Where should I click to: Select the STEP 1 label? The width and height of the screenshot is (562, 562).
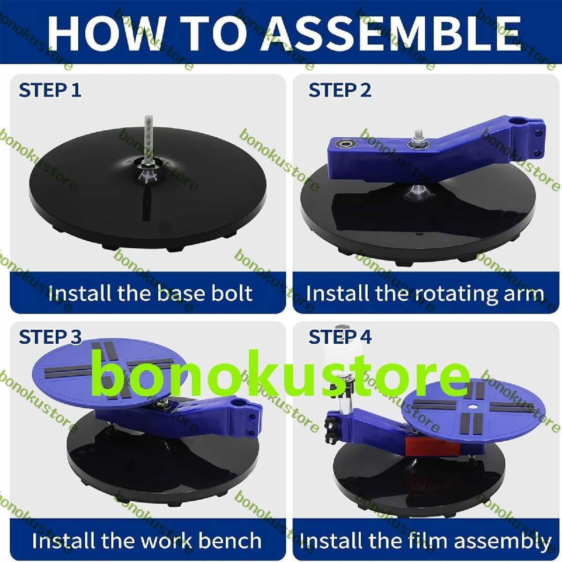[50, 90]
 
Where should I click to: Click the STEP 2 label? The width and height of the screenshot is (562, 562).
[340, 90]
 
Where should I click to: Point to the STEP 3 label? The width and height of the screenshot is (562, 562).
[50, 337]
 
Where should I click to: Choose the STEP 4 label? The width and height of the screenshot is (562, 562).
[340, 337]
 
